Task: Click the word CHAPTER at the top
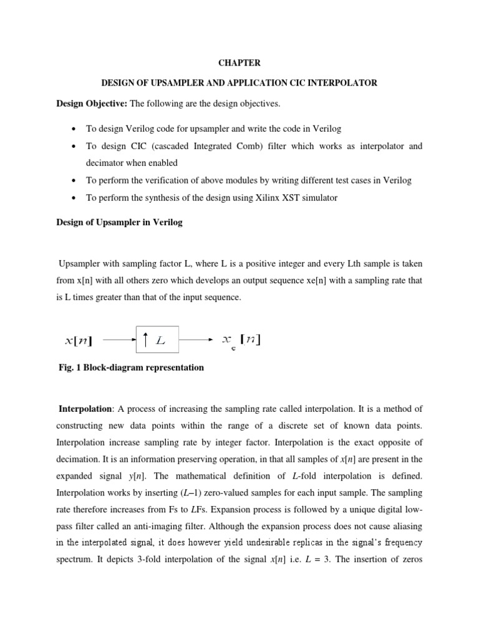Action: coord(239,63)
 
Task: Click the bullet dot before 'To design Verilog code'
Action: coord(74,129)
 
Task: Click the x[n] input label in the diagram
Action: coord(79,341)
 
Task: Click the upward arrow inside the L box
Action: coord(145,340)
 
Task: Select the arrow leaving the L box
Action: coord(197,341)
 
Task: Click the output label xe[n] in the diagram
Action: coord(241,341)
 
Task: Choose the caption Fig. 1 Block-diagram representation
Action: coord(131,368)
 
